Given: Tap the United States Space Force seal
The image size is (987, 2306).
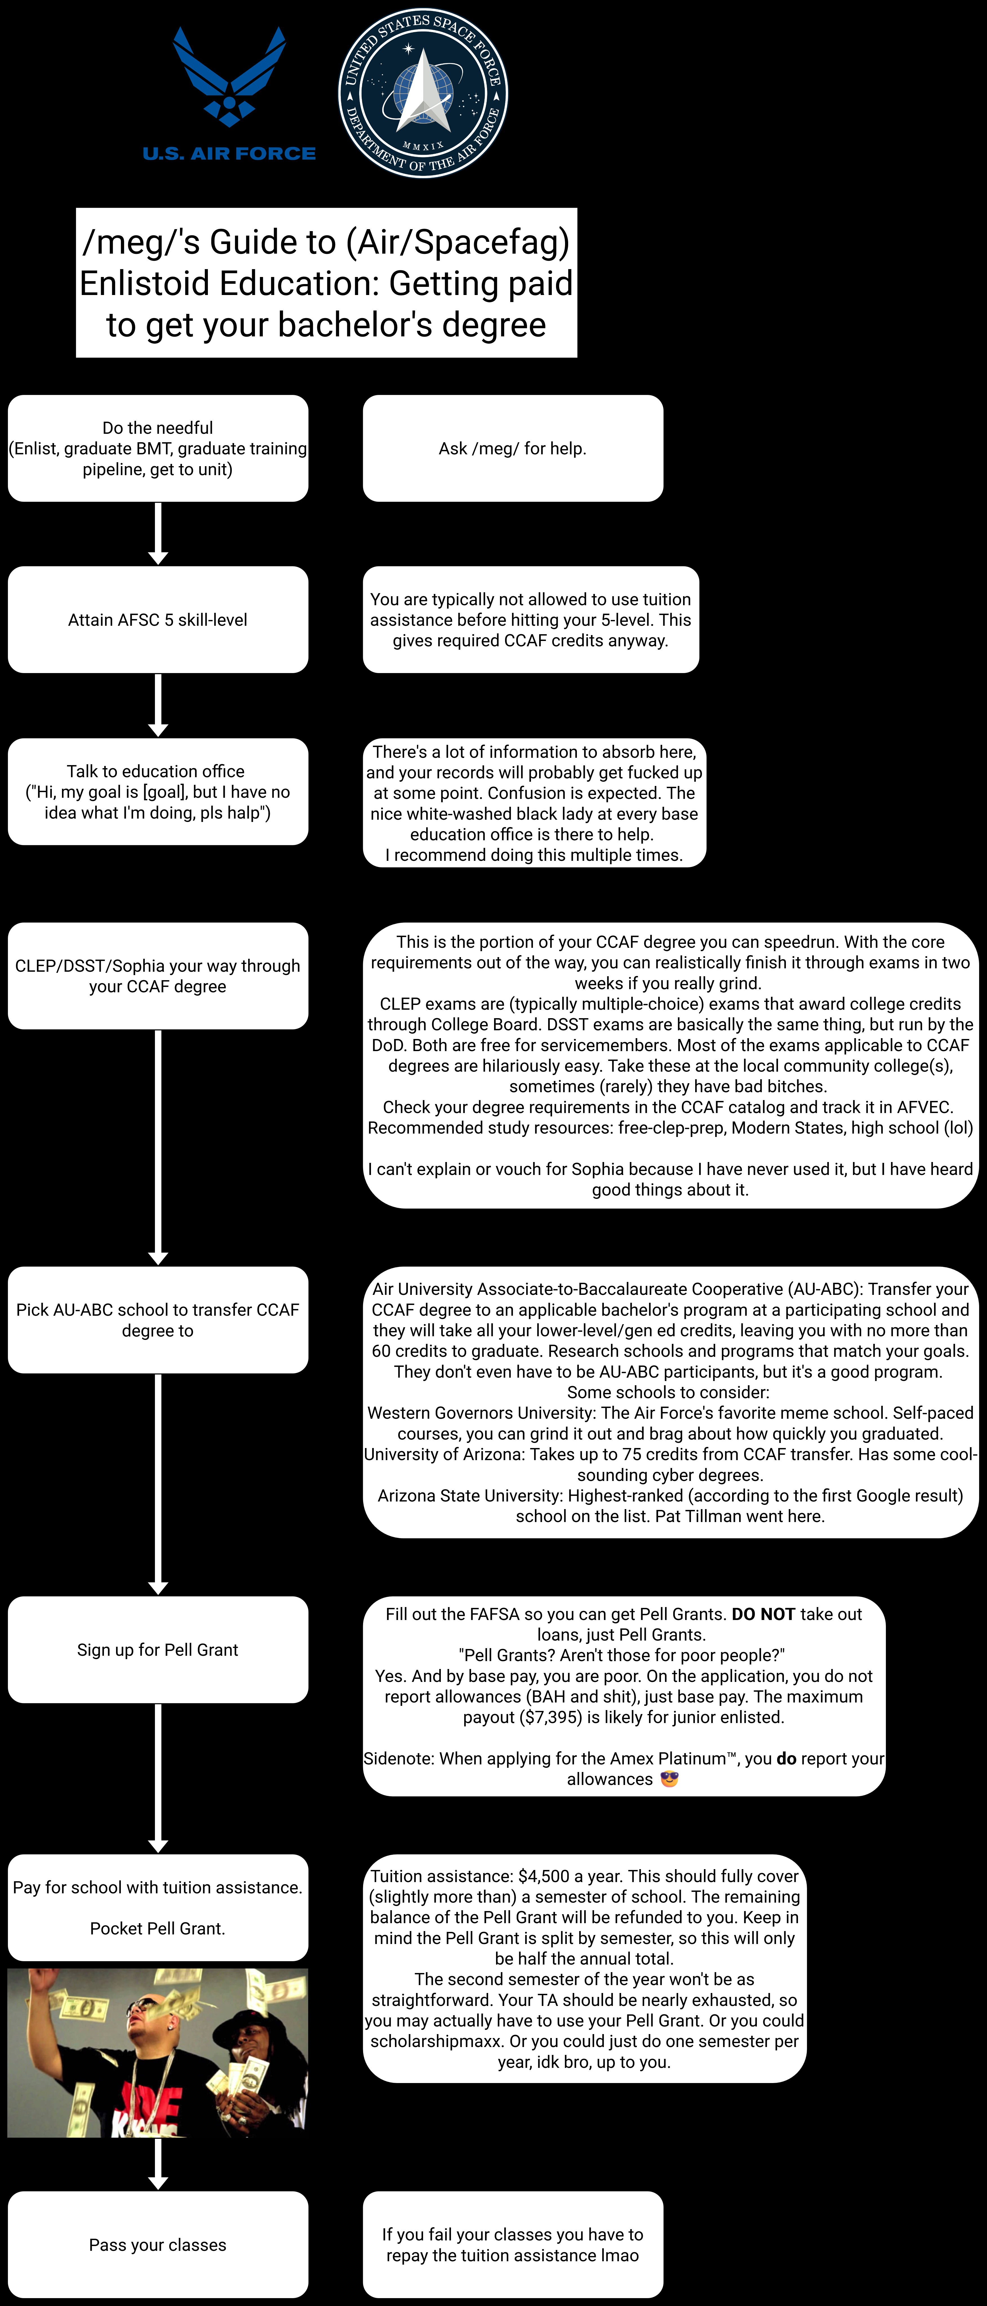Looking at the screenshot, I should pos(423,93).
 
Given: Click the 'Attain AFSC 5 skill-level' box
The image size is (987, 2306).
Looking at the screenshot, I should pos(158,620).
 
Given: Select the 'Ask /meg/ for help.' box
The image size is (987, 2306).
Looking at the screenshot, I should pos(512,448).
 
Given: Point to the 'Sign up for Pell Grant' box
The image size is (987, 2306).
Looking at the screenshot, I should pos(158,1650).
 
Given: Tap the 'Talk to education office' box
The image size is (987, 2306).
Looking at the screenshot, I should pos(158,791).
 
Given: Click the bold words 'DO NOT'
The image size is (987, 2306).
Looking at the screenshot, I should pos(763,1614).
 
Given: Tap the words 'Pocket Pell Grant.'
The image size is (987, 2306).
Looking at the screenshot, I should pos(158,1928).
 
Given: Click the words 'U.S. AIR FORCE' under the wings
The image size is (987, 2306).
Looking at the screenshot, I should pos(229,154).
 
